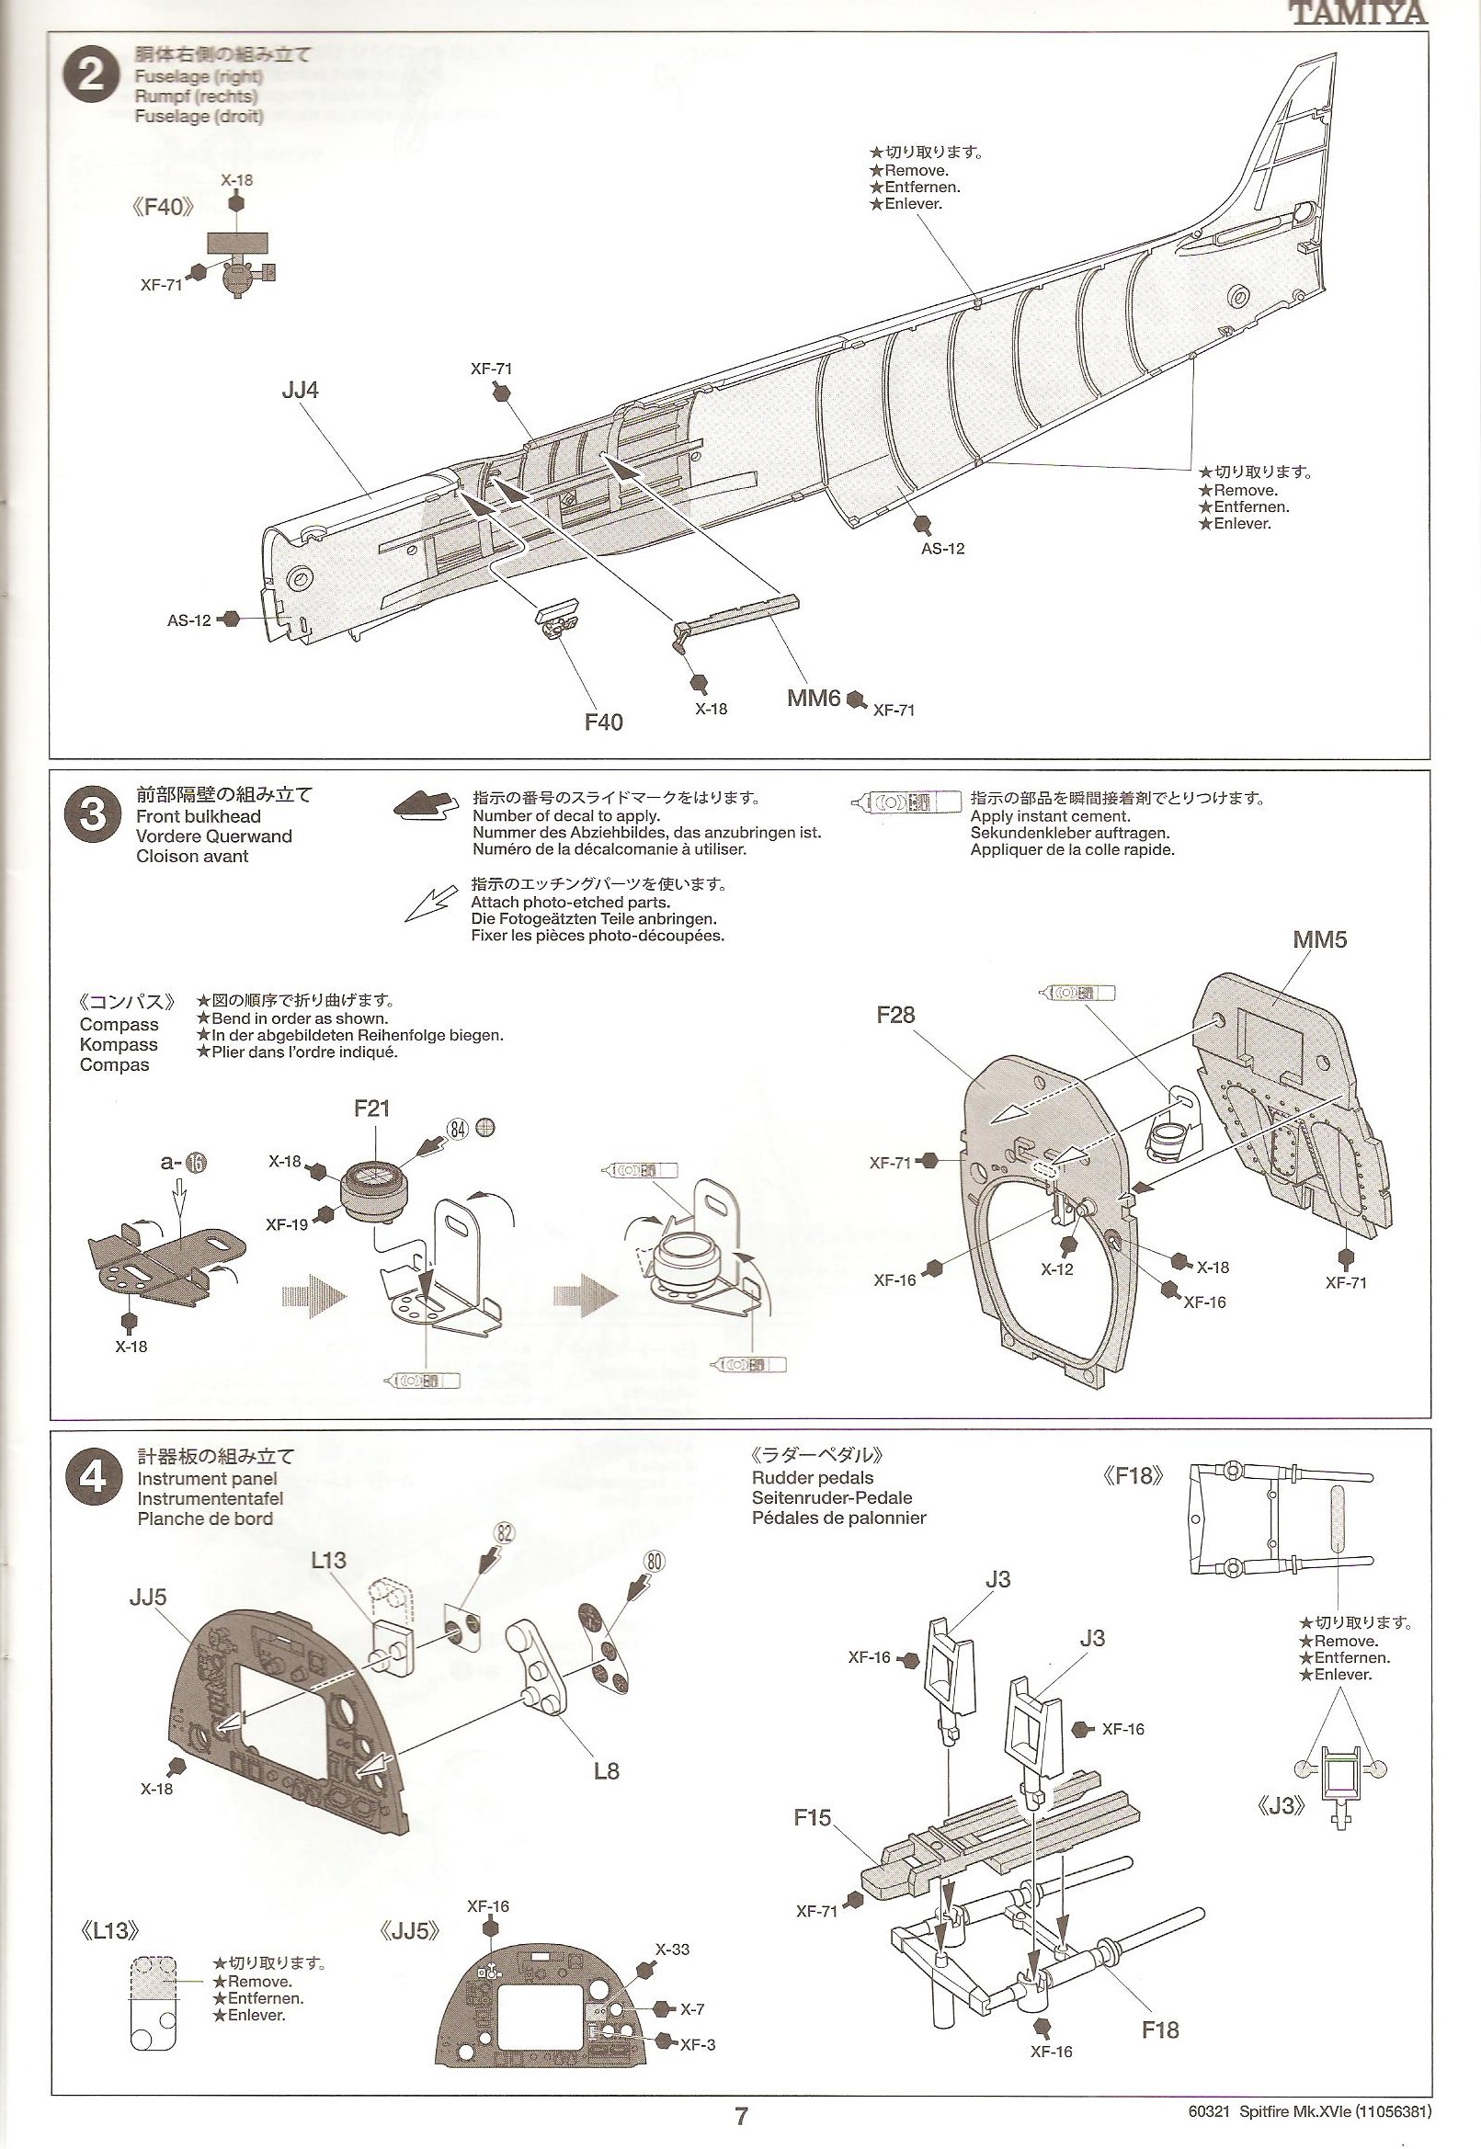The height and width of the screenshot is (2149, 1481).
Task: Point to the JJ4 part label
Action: (300, 391)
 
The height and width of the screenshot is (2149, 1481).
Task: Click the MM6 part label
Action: (814, 697)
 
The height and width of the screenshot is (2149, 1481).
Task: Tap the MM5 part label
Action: (1319, 940)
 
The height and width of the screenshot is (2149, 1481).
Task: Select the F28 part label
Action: (895, 1015)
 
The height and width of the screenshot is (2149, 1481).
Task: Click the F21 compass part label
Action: (371, 1108)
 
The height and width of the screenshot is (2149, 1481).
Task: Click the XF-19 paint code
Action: (287, 1224)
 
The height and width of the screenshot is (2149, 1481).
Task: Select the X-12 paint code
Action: (1056, 1268)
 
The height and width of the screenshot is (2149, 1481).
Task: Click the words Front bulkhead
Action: (199, 816)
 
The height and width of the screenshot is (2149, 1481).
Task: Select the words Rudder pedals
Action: (813, 1478)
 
